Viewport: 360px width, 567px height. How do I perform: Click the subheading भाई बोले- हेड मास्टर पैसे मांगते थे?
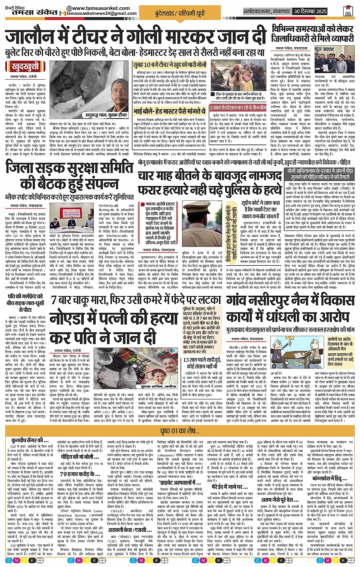click(170, 111)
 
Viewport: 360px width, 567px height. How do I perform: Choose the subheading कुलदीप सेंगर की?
click(30, 440)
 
